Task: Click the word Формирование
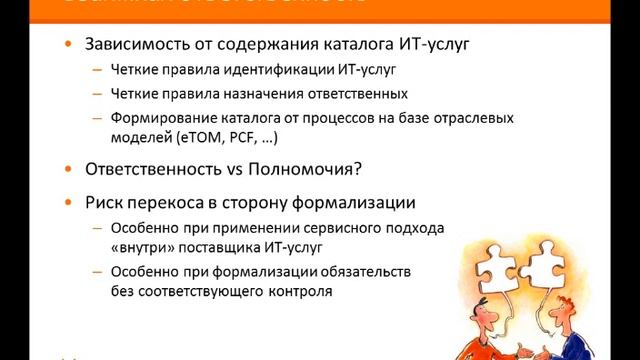167,119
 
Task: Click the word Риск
107,201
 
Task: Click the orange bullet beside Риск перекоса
67,201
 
